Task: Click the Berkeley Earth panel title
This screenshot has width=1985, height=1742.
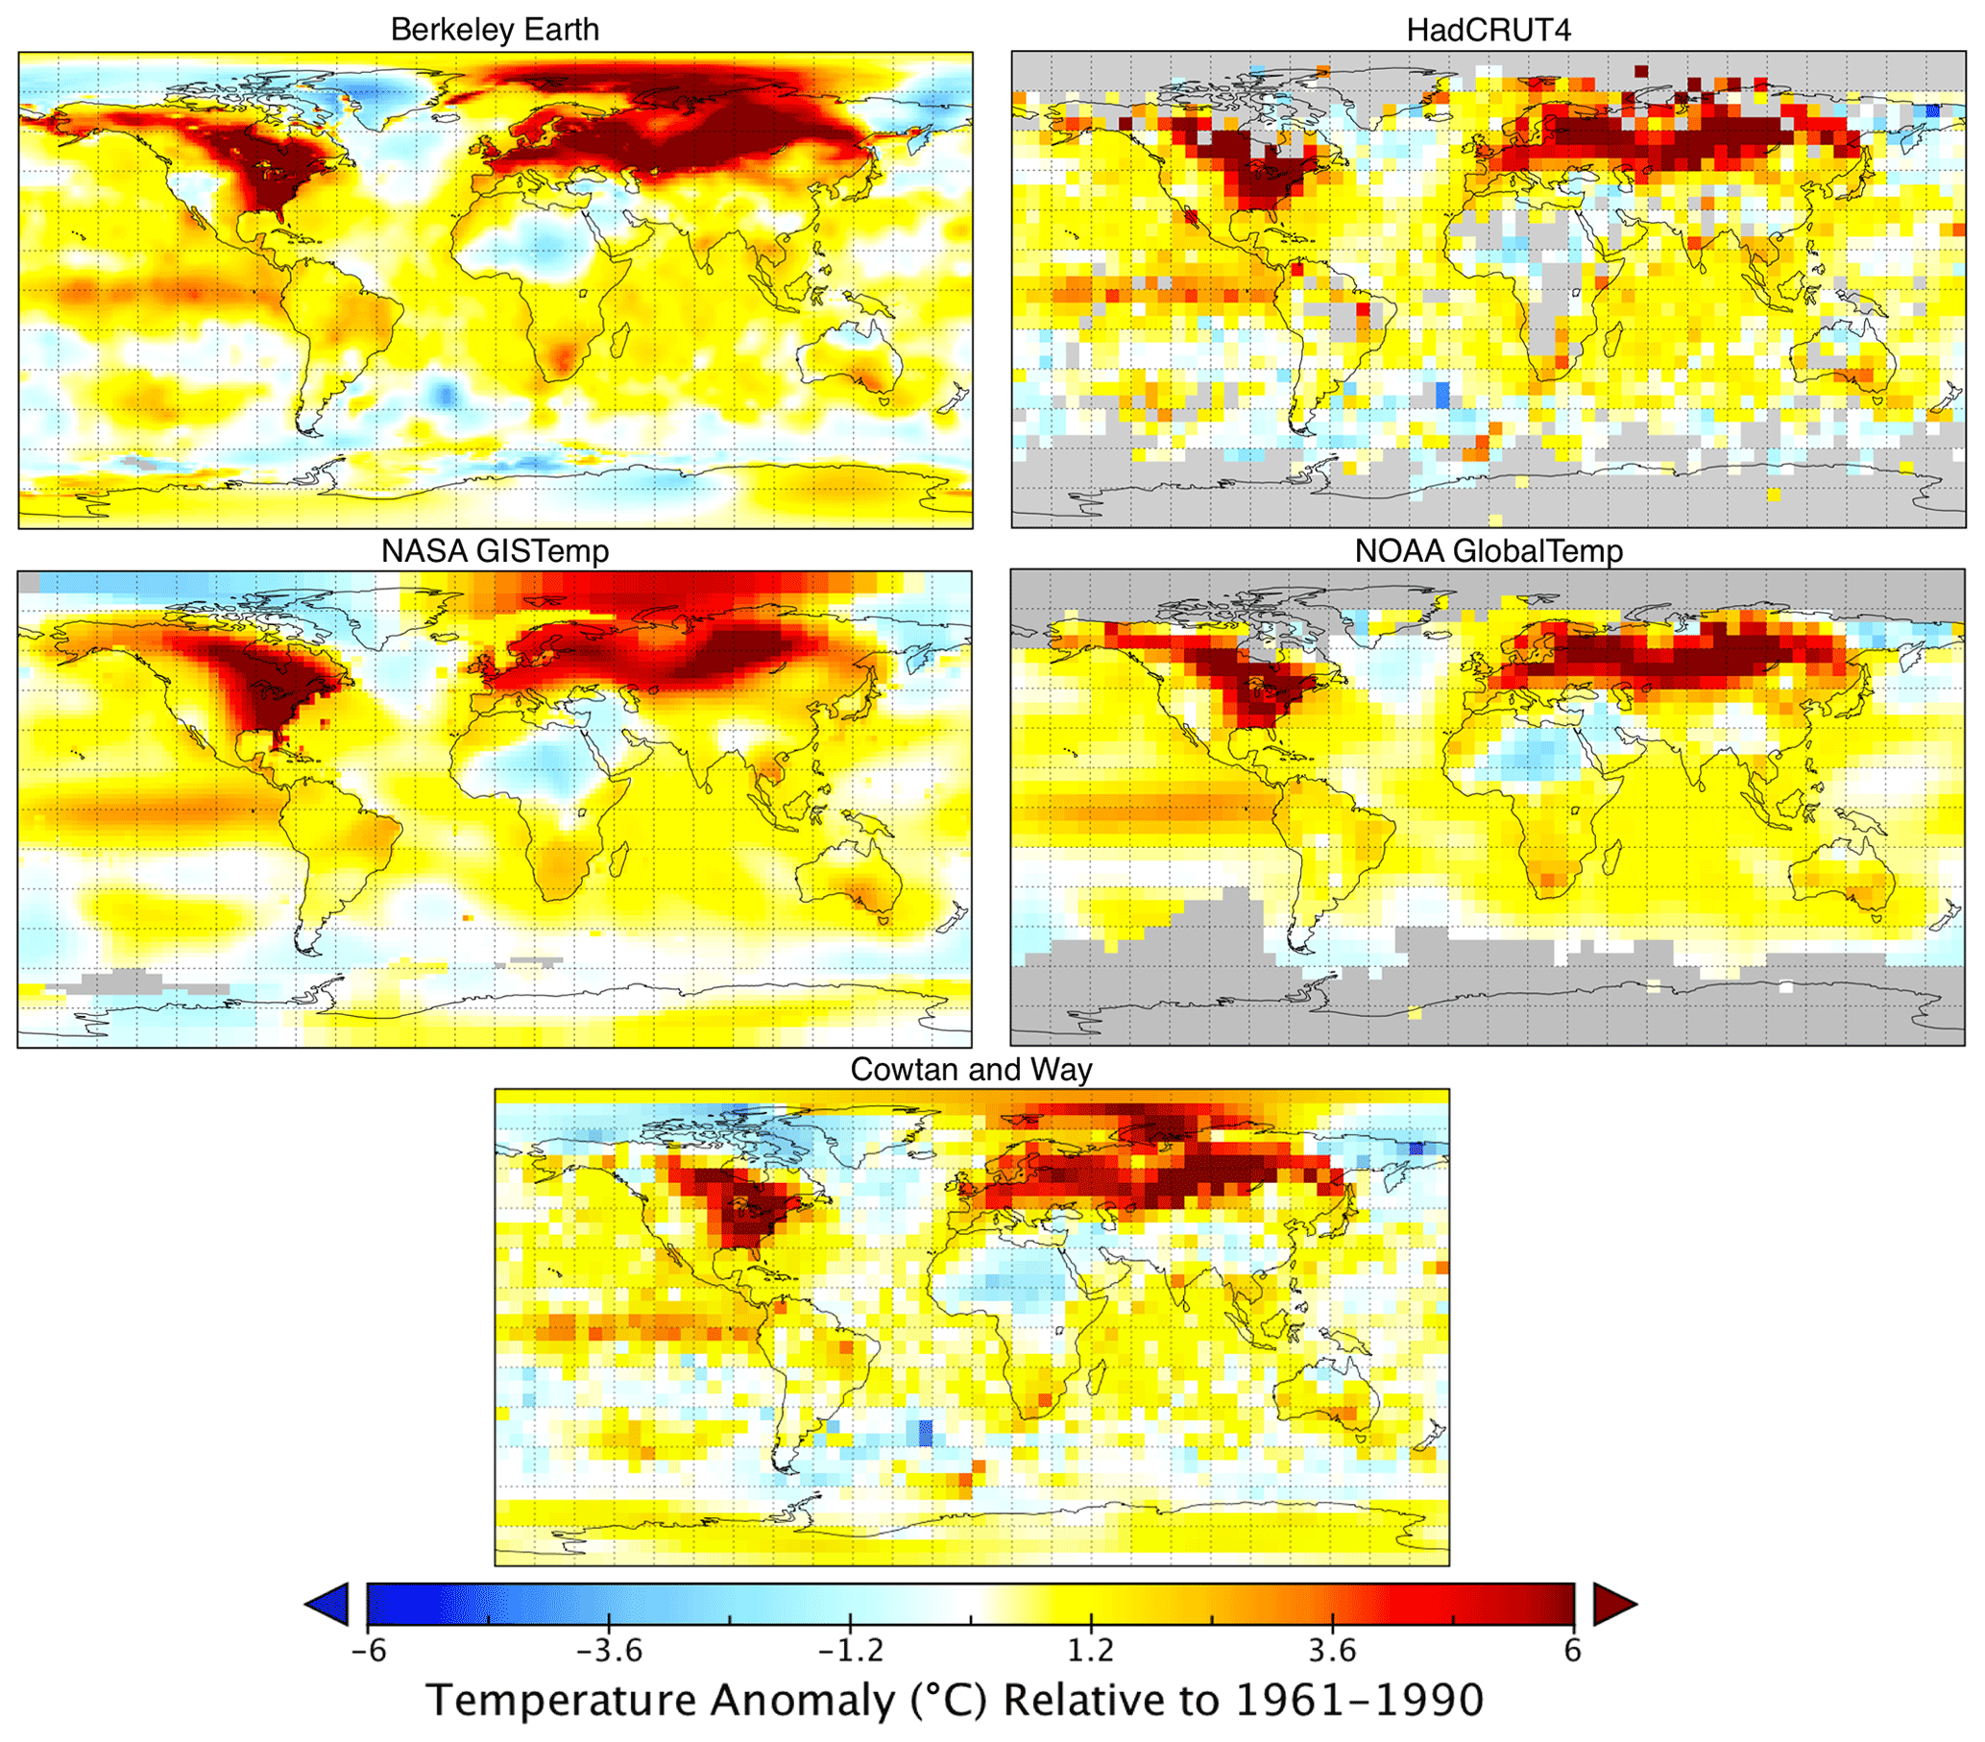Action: click(495, 30)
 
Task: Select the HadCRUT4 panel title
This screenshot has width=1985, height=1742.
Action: click(1488, 30)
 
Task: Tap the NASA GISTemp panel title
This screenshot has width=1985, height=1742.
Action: click(495, 550)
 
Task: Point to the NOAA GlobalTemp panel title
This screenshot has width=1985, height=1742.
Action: click(1488, 550)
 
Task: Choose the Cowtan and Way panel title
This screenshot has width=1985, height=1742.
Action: click(971, 1069)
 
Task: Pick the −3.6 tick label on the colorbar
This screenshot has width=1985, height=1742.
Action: click(609, 1651)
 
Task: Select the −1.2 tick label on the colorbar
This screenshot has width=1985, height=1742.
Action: click(850, 1651)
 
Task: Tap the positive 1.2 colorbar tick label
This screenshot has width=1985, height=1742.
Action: click(1092, 1651)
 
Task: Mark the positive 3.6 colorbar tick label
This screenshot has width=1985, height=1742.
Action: click(1332, 1651)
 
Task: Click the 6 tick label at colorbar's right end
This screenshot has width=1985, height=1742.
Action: click(1572, 1651)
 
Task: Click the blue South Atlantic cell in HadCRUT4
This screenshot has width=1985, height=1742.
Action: click(1442, 396)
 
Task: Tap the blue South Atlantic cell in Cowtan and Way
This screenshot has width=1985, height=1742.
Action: click(926, 1432)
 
